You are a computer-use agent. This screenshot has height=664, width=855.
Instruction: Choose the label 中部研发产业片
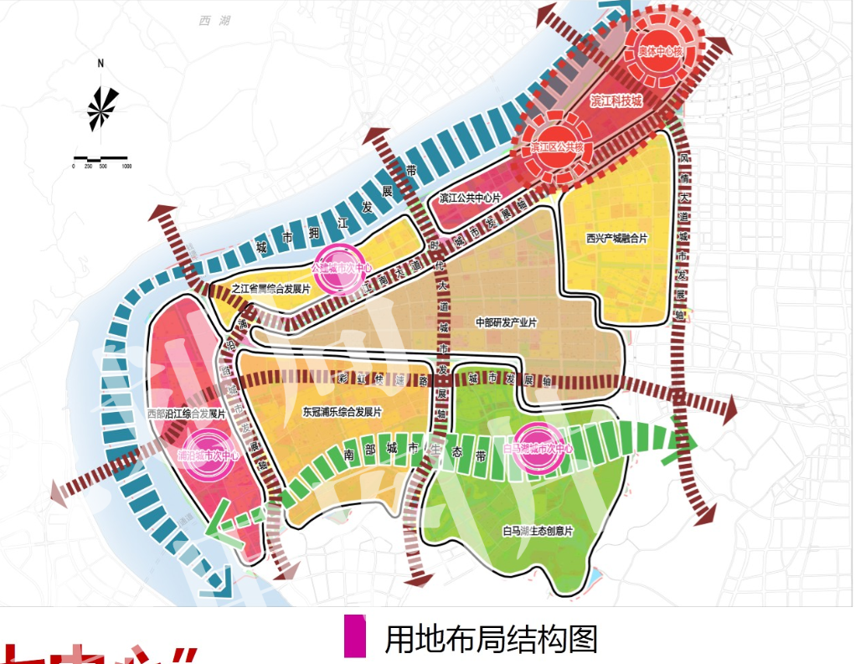pos(506,322)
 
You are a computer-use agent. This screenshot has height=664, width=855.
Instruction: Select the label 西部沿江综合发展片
pos(186,414)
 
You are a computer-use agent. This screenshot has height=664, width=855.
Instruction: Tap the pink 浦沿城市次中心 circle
pos(210,456)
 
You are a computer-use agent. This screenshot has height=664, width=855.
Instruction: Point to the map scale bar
pos(100,158)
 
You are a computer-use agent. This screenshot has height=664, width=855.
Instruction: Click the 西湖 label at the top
pos(214,20)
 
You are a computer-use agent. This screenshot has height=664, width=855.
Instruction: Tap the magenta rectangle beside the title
pos(355,637)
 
